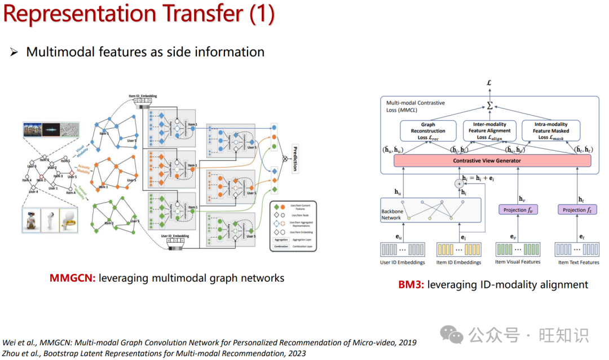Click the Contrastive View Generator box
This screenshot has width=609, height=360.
(487, 161)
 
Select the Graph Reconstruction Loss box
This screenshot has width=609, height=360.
(428, 130)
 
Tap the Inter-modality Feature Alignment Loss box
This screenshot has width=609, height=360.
(490, 130)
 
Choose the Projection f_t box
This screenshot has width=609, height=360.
(577, 210)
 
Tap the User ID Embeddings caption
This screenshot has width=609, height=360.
(403, 262)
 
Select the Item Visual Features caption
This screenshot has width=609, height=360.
(517, 262)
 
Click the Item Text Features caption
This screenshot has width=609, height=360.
(579, 262)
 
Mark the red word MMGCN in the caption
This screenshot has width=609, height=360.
(72, 278)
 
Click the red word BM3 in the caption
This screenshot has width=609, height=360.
(411, 284)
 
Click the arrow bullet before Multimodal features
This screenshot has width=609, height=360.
(14, 52)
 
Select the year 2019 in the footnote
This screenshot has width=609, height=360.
(407, 343)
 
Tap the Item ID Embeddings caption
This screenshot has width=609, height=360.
(458, 262)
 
